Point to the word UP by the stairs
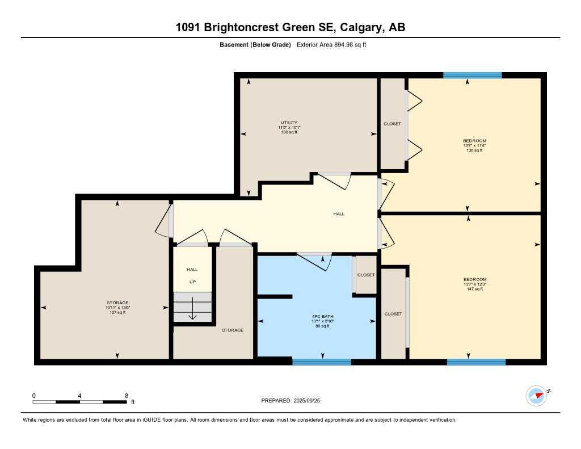[192, 282]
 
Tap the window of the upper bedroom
[472, 75]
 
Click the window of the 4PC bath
[321, 362]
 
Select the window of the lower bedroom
[476, 362]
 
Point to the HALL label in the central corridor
[339, 214]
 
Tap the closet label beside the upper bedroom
[392, 124]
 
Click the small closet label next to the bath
[366, 275]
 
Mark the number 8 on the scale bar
[126, 395]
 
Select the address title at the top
[290, 27]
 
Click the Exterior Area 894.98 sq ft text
[332, 45]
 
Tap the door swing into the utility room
[334, 182]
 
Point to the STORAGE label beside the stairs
[233, 330]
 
